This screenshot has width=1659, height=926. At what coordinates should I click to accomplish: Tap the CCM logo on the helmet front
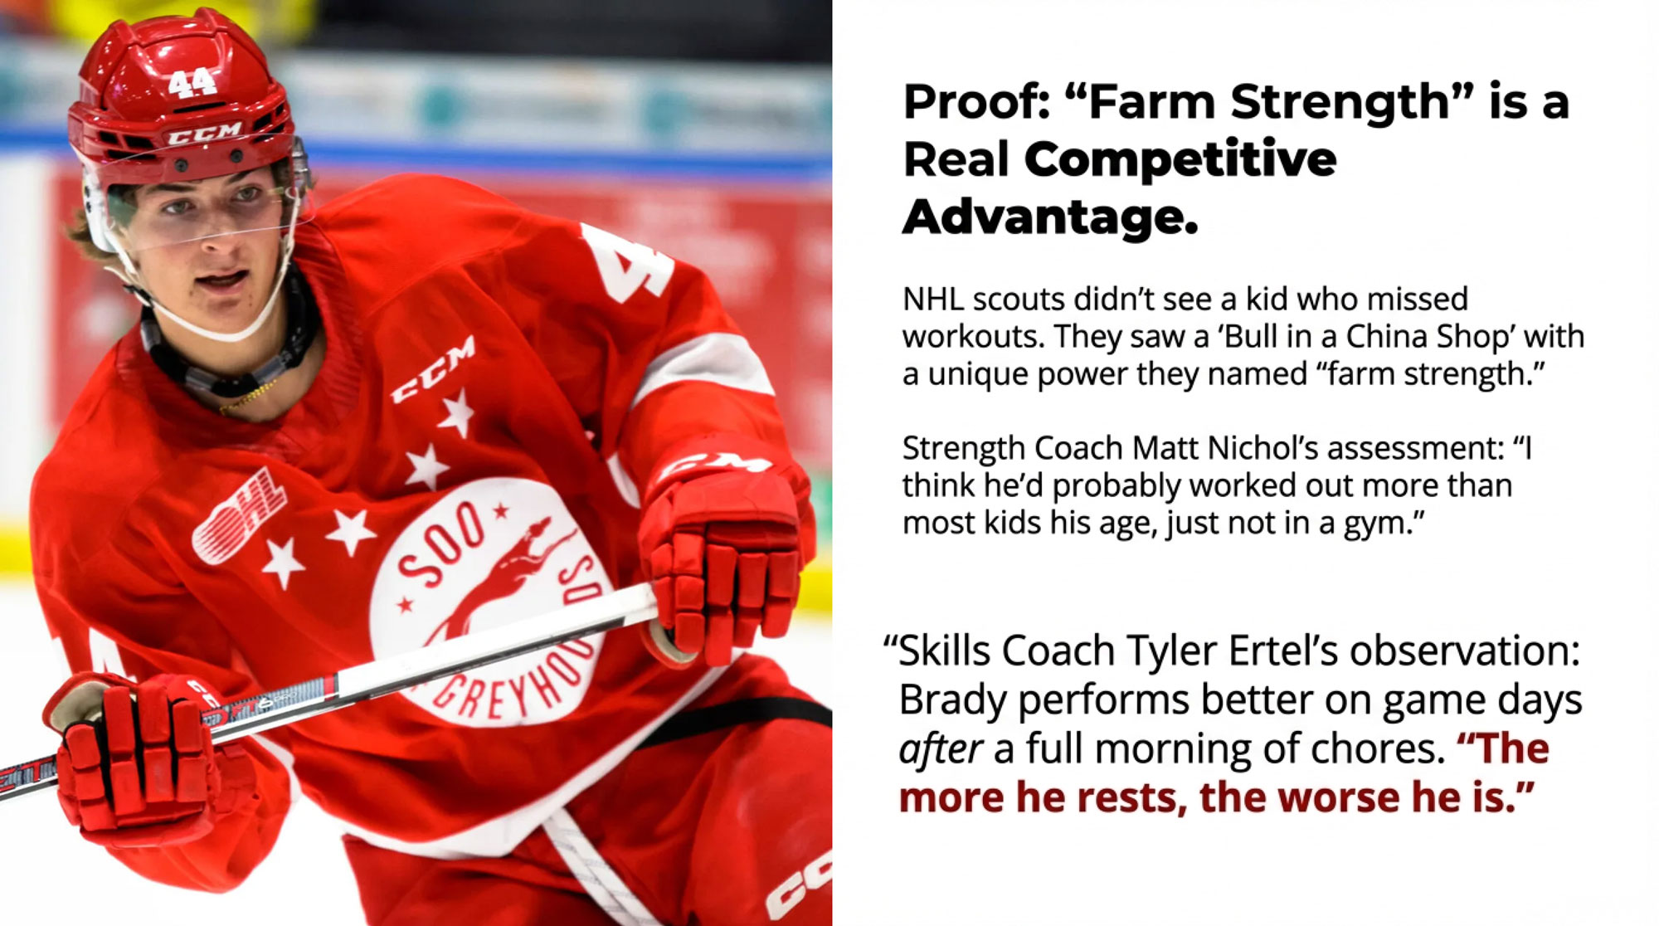(204, 133)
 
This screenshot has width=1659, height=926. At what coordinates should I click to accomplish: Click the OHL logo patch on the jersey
(240, 514)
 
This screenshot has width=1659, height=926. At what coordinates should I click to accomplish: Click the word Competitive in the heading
(1180, 158)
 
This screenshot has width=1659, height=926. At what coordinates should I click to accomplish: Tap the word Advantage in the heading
(1050, 217)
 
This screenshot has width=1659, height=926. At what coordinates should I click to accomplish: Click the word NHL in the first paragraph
(932, 299)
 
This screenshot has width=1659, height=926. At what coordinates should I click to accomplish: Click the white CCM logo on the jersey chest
(433, 371)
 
